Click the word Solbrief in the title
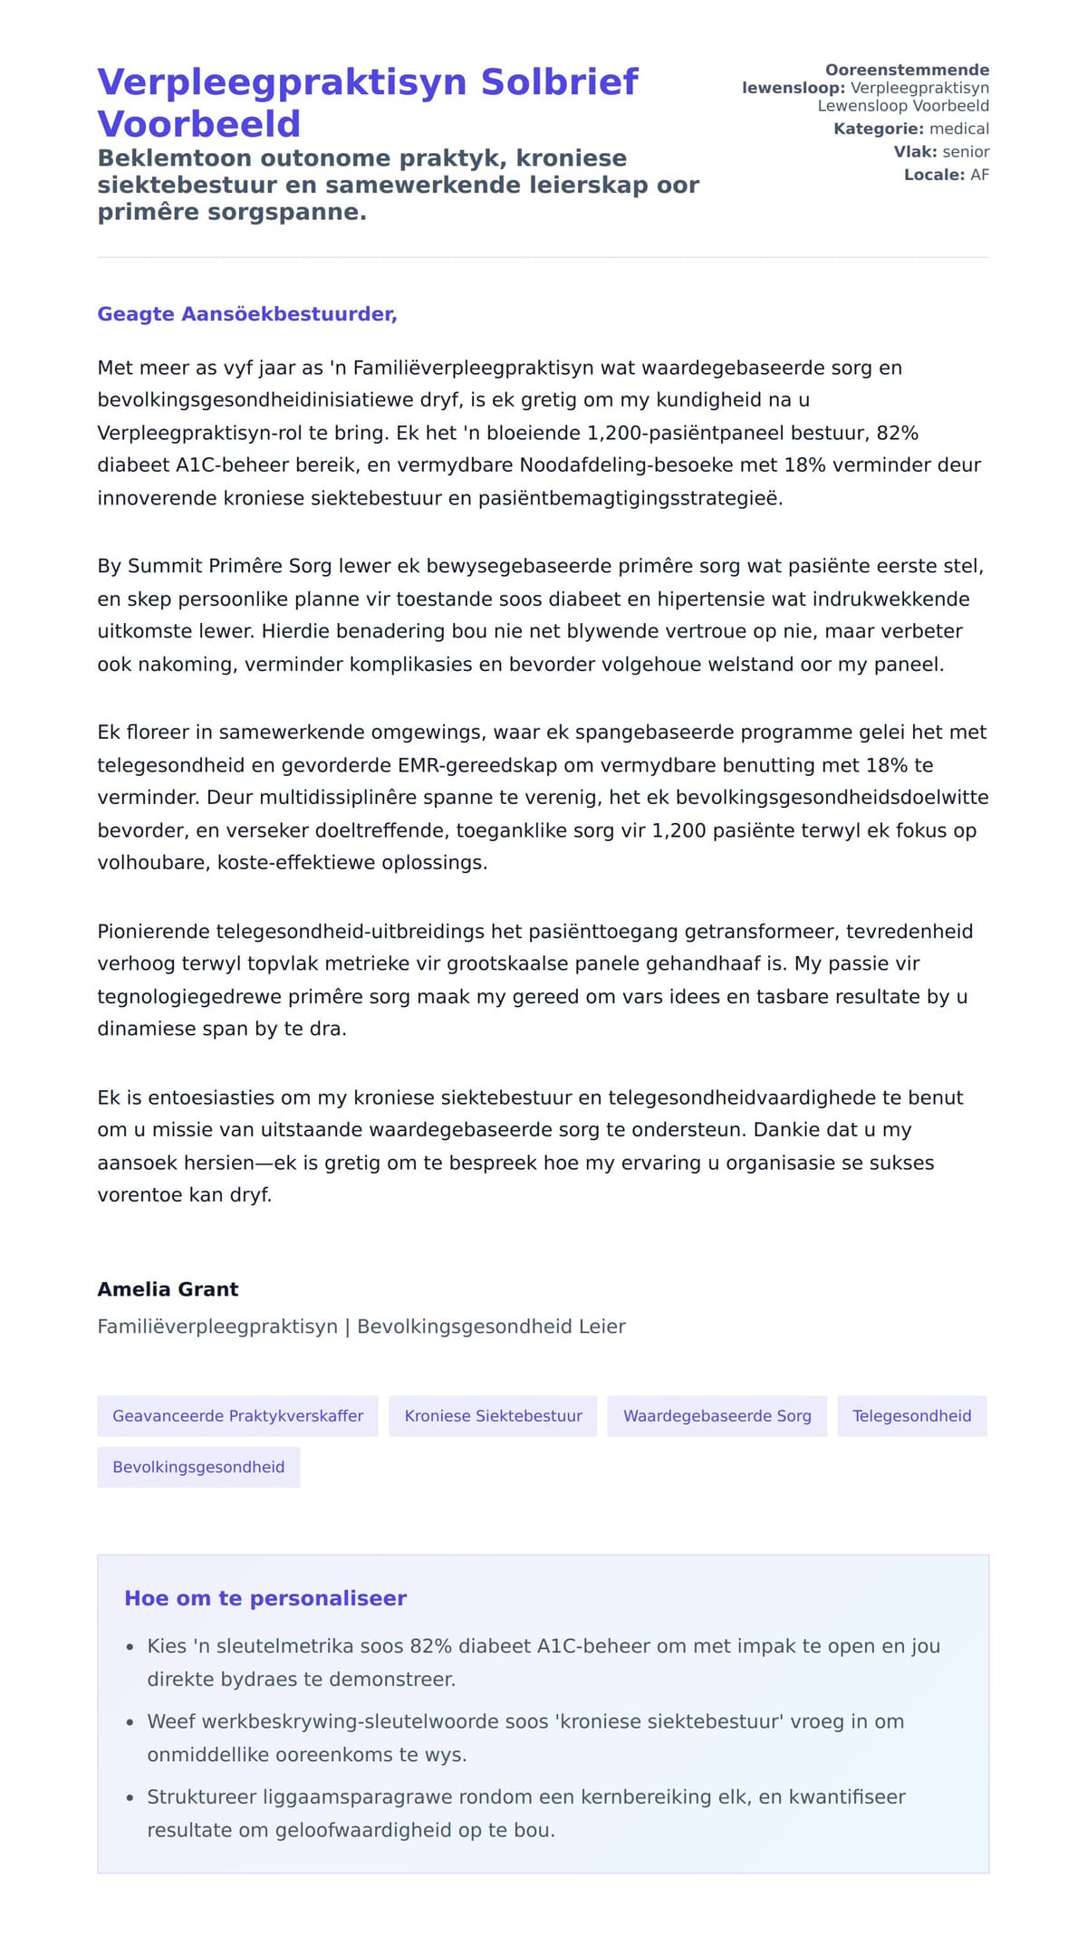(x=559, y=82)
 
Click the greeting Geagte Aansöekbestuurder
(x=246, y=314)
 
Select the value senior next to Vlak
(x=966, y=152)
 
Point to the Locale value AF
(x=979, y=175)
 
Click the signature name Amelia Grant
(x=168, y=1289)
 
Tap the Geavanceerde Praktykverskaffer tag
(x=237, y=1416)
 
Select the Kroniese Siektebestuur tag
(x=493, y=1416)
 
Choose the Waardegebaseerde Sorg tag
(x=717, y=1416)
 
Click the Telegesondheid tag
(x=911, y=1416)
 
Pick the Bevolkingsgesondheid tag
(x=198, y=1467)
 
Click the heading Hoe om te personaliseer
(x=265, y=1598)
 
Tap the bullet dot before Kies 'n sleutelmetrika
(x=130, y=1647)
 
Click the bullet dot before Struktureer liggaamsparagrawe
(x=130, y=1798)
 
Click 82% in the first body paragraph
(x=897, y=433)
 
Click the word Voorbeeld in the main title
(x=198, y=124)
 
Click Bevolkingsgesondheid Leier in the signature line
(x=491, y=1327)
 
